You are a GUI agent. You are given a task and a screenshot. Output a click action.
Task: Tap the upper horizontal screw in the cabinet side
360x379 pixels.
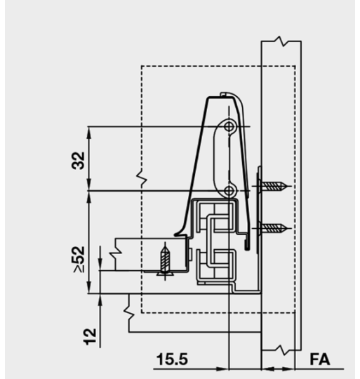point(274,186)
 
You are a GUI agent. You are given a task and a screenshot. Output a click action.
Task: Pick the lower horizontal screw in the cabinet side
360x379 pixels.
point(274,227)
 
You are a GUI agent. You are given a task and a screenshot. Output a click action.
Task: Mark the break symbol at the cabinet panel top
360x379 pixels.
point(281,43)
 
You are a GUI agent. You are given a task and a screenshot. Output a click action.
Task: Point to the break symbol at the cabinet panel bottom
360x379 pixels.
point(281,349)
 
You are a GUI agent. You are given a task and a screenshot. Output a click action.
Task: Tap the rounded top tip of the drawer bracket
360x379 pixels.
point(223,93)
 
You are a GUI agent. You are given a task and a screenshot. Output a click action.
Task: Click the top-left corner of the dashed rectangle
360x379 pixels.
point(142,67)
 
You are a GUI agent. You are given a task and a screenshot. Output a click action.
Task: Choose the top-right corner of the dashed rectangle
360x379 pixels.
point(293,67)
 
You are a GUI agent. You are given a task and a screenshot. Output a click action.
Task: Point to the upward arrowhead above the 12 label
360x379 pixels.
point(101,299)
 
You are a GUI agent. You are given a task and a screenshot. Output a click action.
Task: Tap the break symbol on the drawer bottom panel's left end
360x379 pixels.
point(127,306)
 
